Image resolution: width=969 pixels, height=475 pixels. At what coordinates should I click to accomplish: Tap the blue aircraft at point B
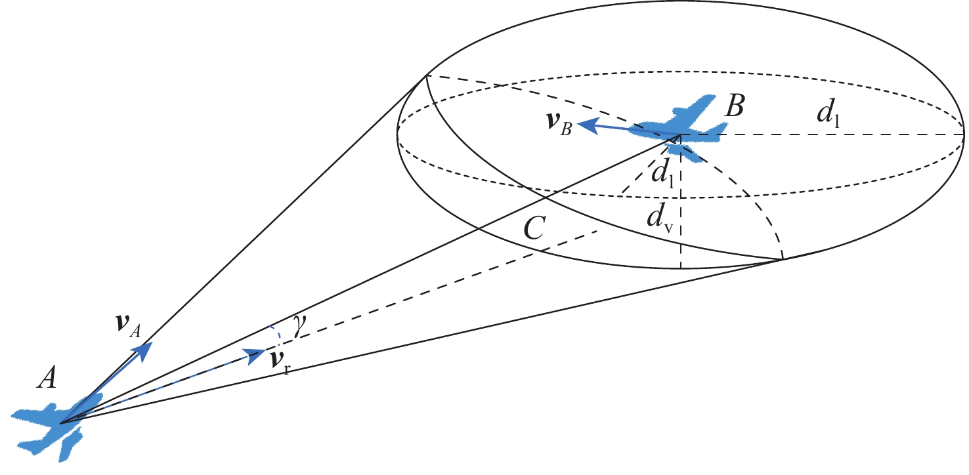tap(676, 128)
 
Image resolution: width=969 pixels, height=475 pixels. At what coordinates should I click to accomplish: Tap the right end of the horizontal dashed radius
tap(964, 135)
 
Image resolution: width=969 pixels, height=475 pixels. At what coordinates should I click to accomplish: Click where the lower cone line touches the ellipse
tap(781, 260)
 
